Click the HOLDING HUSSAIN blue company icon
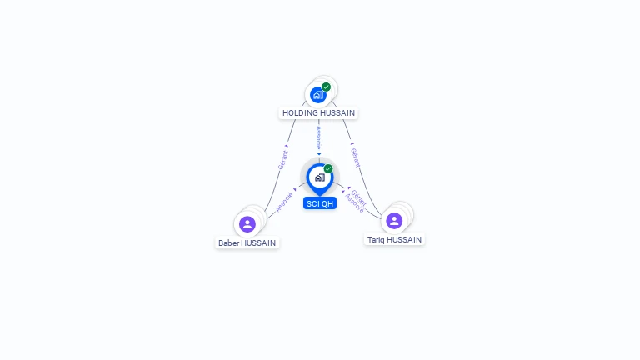tap(318, 95)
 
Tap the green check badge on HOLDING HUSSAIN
tap(326, 87)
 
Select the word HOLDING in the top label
tap(298, 113)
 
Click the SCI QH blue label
tap(320, 203)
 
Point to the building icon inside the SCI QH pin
tap(320, 177)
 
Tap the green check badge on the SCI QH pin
tap(328, 168)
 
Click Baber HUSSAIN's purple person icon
tap(247, 224)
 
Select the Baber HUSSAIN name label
tap(247, 242)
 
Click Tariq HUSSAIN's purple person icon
tap(394, 221)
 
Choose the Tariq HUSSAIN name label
tap(394, 240)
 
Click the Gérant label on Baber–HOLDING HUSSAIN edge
tap(283, 160)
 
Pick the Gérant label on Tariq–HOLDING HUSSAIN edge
tap(356, 157)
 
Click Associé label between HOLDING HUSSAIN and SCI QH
tap(319, 138)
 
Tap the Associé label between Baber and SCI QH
tap(284, 202)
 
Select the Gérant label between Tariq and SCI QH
tap(359, 197)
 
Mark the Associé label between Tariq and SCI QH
tap(354, 203)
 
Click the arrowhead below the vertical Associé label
tap(319, 154)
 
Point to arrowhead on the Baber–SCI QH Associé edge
tap(295, 190)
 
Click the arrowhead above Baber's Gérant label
tap(287, 146)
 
